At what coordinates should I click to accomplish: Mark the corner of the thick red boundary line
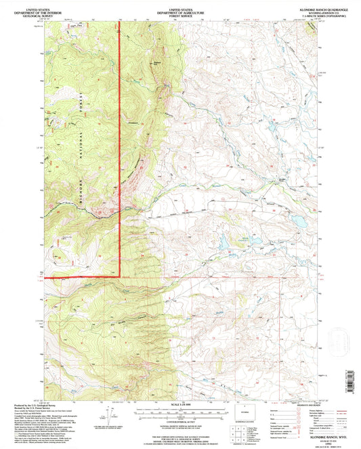coord(120,276)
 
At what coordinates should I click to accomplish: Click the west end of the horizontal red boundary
coord(46,277)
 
